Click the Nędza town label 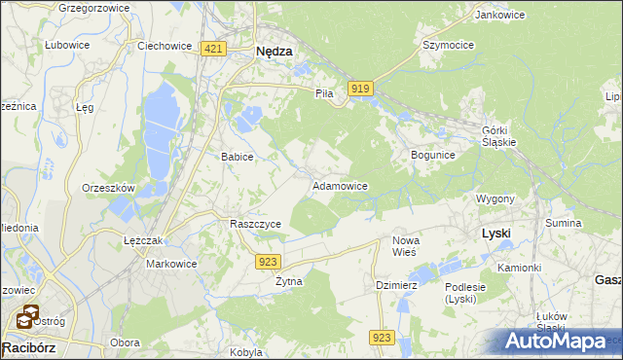(x=274, y=53)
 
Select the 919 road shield (x=360, y=89)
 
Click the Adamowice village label (x=339, y=185)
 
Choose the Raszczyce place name (x=255, y=223)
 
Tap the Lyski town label (x=496, y=234)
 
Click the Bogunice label (x=433, y=155)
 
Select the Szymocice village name (x=447, y=45)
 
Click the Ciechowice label (x=163, y=46)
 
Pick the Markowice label (x=171, y=264)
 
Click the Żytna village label (x=288, y=281)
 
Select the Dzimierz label (x=396, y=285)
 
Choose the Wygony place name (x=495, y=198)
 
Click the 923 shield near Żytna (x=270, y=262)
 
